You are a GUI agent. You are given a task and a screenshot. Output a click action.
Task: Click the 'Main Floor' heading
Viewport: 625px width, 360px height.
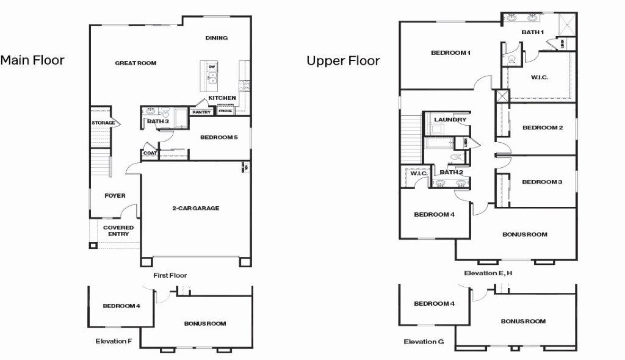click(32, 60)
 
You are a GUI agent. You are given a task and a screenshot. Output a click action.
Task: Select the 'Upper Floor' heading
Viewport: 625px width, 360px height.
click(343, 60)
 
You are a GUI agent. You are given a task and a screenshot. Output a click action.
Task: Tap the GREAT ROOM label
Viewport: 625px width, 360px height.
click(135, 63)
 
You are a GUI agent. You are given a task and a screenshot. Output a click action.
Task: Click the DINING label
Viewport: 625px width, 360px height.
click(216, 38)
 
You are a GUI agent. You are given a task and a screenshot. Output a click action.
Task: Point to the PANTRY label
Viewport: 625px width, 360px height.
click(201, 112)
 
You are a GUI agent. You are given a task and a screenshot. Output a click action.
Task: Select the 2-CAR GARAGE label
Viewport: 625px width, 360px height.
click(195, 208)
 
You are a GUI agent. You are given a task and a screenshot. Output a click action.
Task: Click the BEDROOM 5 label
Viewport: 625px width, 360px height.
click(219, 137)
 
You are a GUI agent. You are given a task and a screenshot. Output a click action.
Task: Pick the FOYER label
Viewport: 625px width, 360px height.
click(115, 196)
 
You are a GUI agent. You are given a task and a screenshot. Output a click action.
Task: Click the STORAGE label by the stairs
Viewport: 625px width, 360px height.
click(103, 123)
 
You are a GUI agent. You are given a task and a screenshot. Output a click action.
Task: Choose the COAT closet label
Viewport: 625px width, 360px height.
click(149, 153)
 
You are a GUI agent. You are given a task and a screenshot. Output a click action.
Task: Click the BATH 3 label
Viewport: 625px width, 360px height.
click(157, 121)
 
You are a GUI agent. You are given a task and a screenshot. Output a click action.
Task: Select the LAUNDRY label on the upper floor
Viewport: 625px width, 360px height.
click(450, 120)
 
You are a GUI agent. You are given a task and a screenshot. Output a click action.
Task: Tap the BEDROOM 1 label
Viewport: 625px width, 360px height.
click(450, 52)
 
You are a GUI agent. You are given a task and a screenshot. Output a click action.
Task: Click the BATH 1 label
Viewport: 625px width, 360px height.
click(532, 32)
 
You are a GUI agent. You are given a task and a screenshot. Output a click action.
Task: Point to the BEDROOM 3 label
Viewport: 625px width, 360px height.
click(542, 182)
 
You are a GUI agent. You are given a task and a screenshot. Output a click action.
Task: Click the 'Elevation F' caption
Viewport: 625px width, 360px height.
click(114, 341)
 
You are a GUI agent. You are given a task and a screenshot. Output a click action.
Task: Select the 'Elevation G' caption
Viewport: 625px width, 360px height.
click(424, 342)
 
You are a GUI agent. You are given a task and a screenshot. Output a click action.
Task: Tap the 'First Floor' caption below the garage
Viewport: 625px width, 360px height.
click(170, 275)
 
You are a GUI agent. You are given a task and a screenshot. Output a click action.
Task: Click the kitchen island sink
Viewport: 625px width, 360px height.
click(212, 77)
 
